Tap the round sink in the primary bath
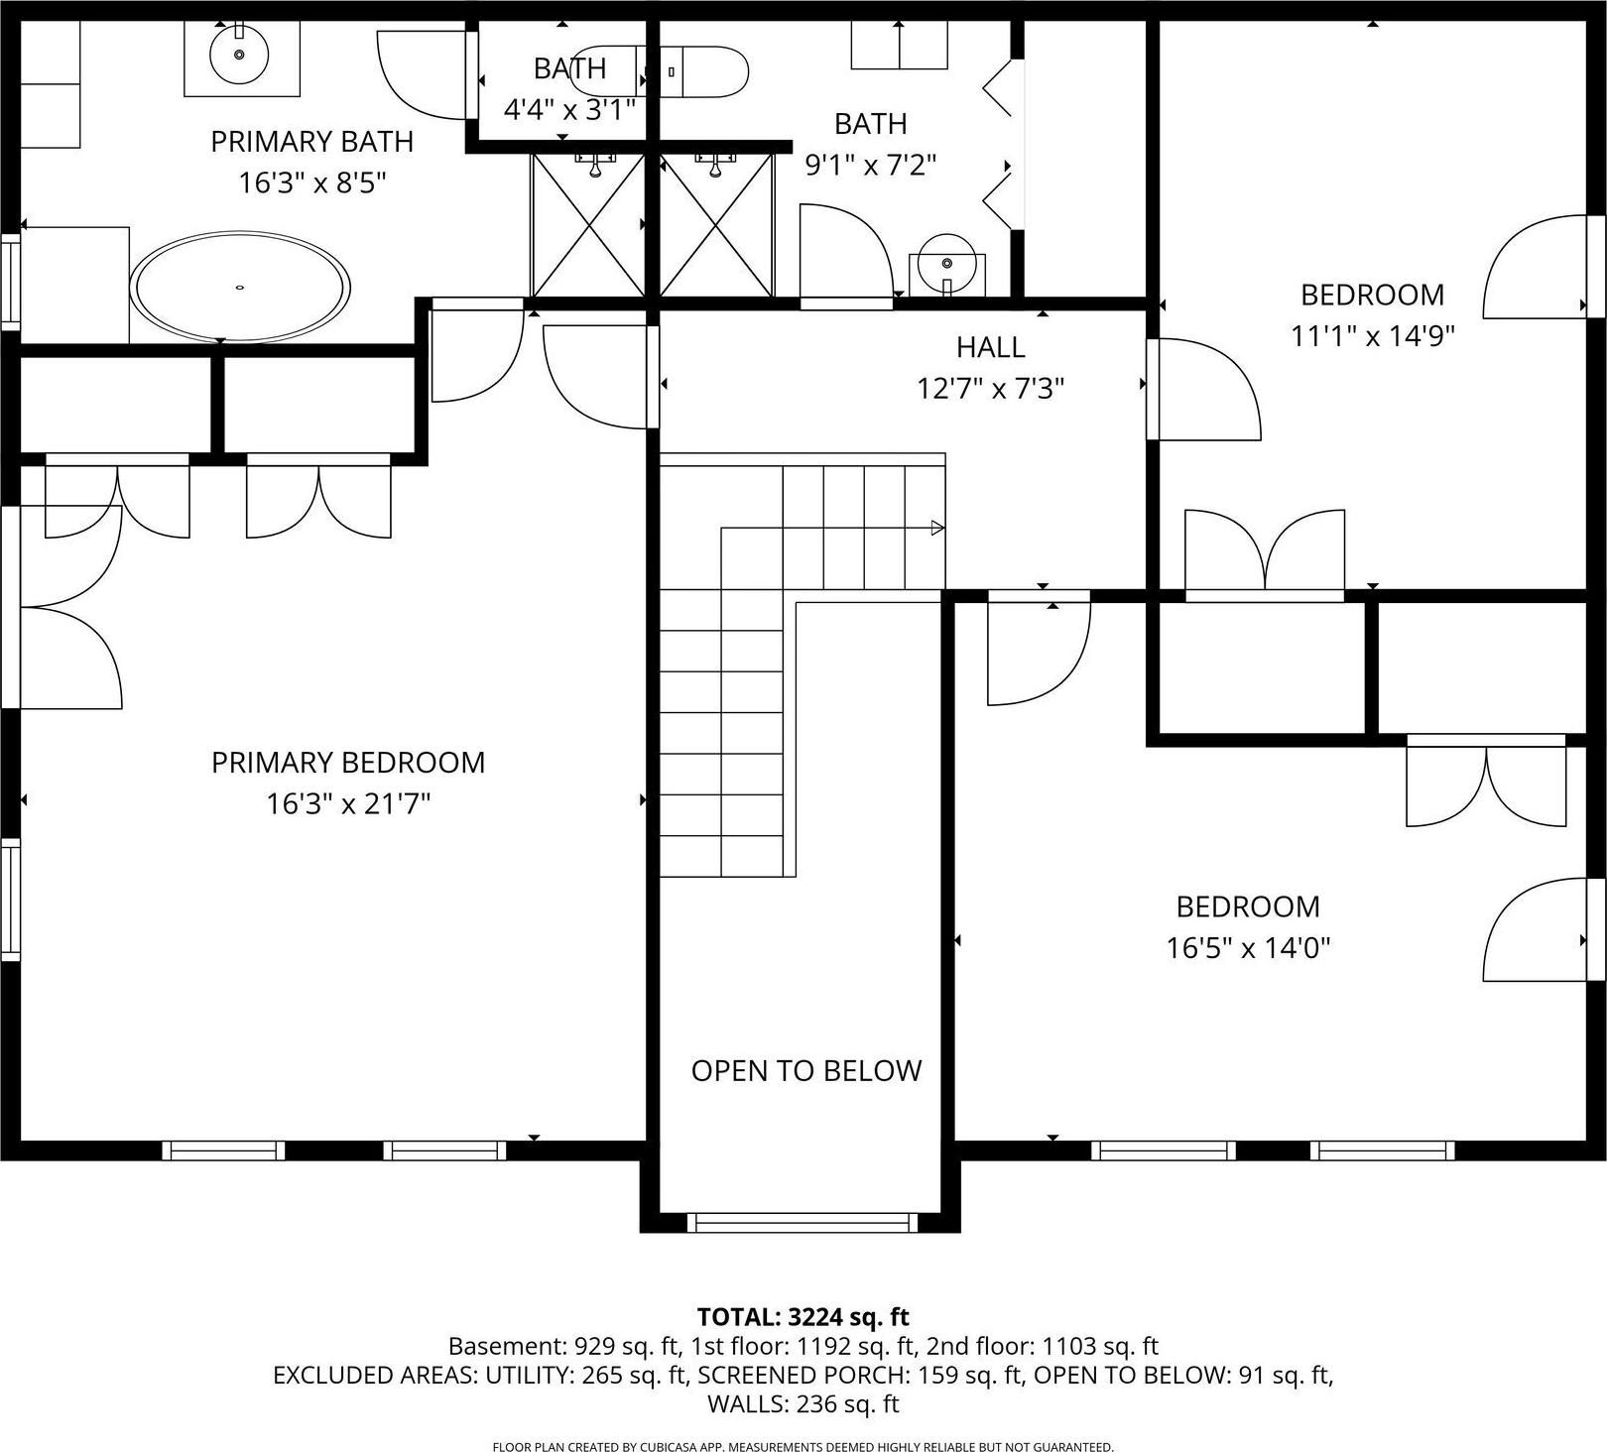click(x=239, y=56)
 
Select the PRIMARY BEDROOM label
click(x=348, y=763)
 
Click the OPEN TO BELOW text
click(x=806, y=1071)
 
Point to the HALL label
click(x=991, y=347)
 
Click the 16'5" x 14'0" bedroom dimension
click(x=1248, y=948)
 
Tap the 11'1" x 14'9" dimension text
click(x=1373, y=336)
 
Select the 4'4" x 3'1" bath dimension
click(x=569, y=109)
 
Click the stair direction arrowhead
click(x=937, y=529)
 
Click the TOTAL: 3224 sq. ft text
click(x=803, y=1317)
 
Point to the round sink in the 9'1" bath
click(x=947, y=263)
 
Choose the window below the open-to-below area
click(x=803, y=1222)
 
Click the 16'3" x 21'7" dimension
click(x=348, y=803)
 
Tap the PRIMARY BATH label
click(x=312, y=142)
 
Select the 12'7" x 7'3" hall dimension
click(x=991, y=389)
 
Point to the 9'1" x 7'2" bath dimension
click(x=871, y=165)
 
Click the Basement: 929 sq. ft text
click(x=563, y=1347)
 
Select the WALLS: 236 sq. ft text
click(x=803, y=1403)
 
